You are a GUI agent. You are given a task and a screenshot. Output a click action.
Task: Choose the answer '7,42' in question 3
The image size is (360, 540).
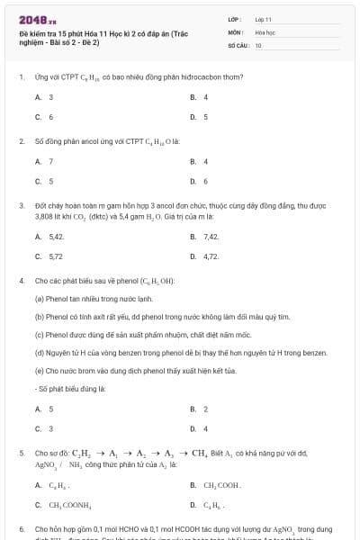point(211,236)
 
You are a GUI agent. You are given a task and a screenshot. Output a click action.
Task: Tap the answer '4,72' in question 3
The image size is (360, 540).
point(211,256)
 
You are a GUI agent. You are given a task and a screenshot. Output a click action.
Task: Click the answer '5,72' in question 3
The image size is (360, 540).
point(56,256)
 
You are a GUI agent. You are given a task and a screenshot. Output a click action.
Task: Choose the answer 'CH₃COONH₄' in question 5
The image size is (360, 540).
point(67,505)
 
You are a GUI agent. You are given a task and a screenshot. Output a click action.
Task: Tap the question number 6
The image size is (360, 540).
point(21,529)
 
